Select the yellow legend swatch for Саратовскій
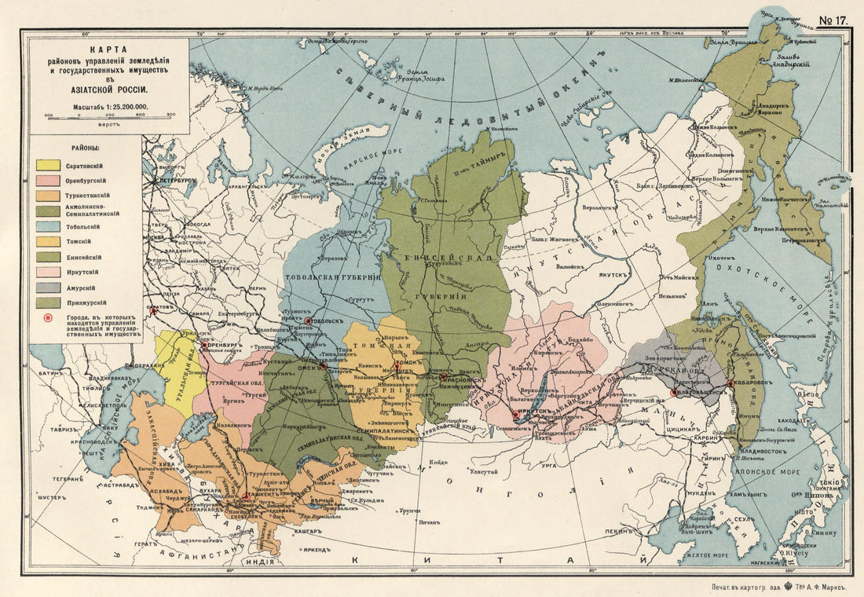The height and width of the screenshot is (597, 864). [48, 166]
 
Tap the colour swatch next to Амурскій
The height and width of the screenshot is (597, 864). [48, 287]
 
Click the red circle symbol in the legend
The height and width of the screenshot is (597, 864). [49, 319]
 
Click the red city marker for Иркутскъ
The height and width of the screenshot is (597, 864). [515, 414]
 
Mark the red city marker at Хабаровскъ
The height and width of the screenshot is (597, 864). [730, 383]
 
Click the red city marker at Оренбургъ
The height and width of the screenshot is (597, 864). [205, 344]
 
